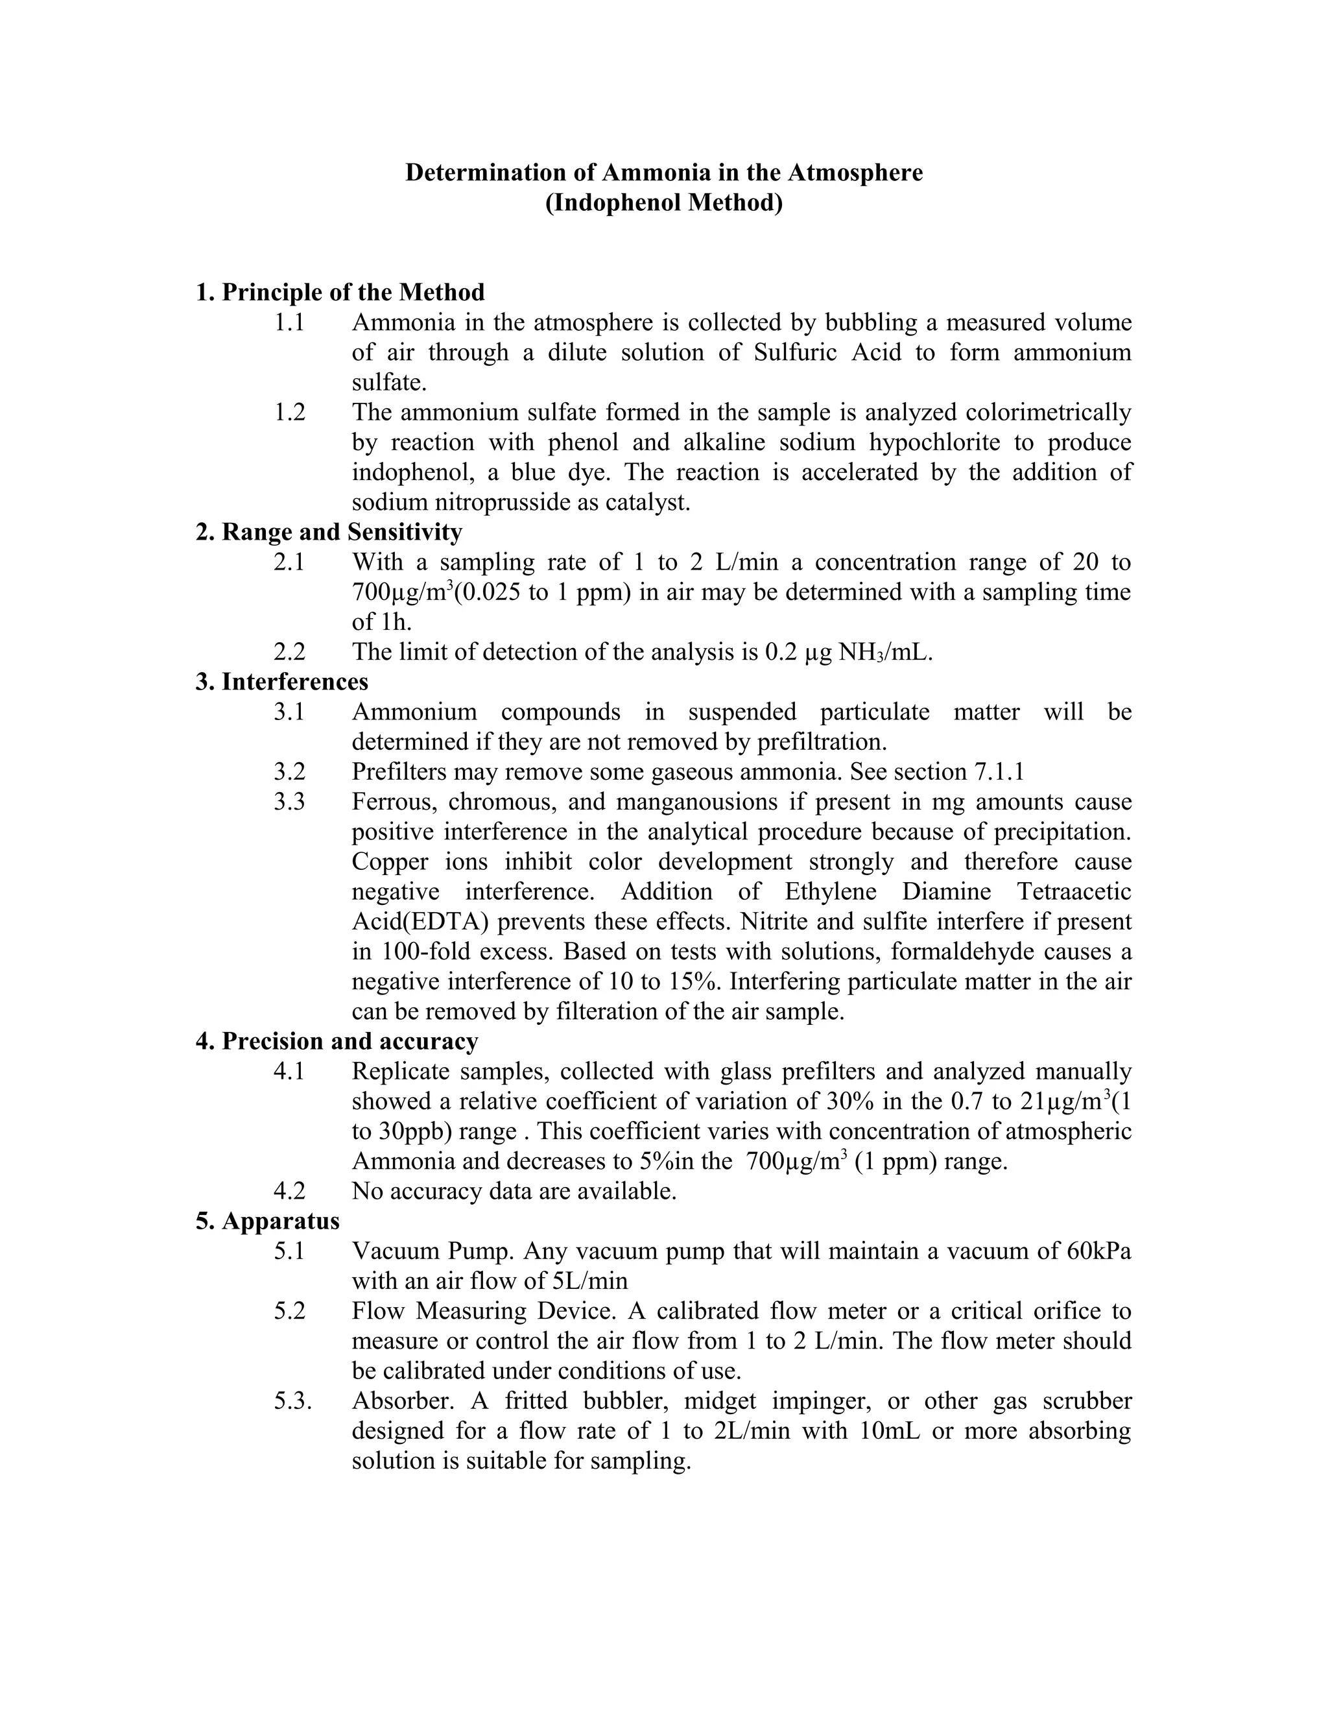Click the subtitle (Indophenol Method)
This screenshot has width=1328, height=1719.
(x=664, y=203)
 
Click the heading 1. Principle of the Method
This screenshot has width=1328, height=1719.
(x=340, y=292)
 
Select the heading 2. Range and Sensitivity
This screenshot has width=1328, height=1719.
(x=329, y=532)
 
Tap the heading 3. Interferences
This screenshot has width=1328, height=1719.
(x=281, y=682)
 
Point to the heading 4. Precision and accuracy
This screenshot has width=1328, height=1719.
(x=337, y=1041)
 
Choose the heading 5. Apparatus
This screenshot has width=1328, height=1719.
(x=268, y=1221)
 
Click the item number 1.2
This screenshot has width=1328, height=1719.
(x=289, y=413)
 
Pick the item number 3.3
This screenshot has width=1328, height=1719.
(x=289, y=802)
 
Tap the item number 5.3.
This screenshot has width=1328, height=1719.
(x=292, y=1401)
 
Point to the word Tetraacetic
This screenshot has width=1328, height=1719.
(x=1074, y=892)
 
